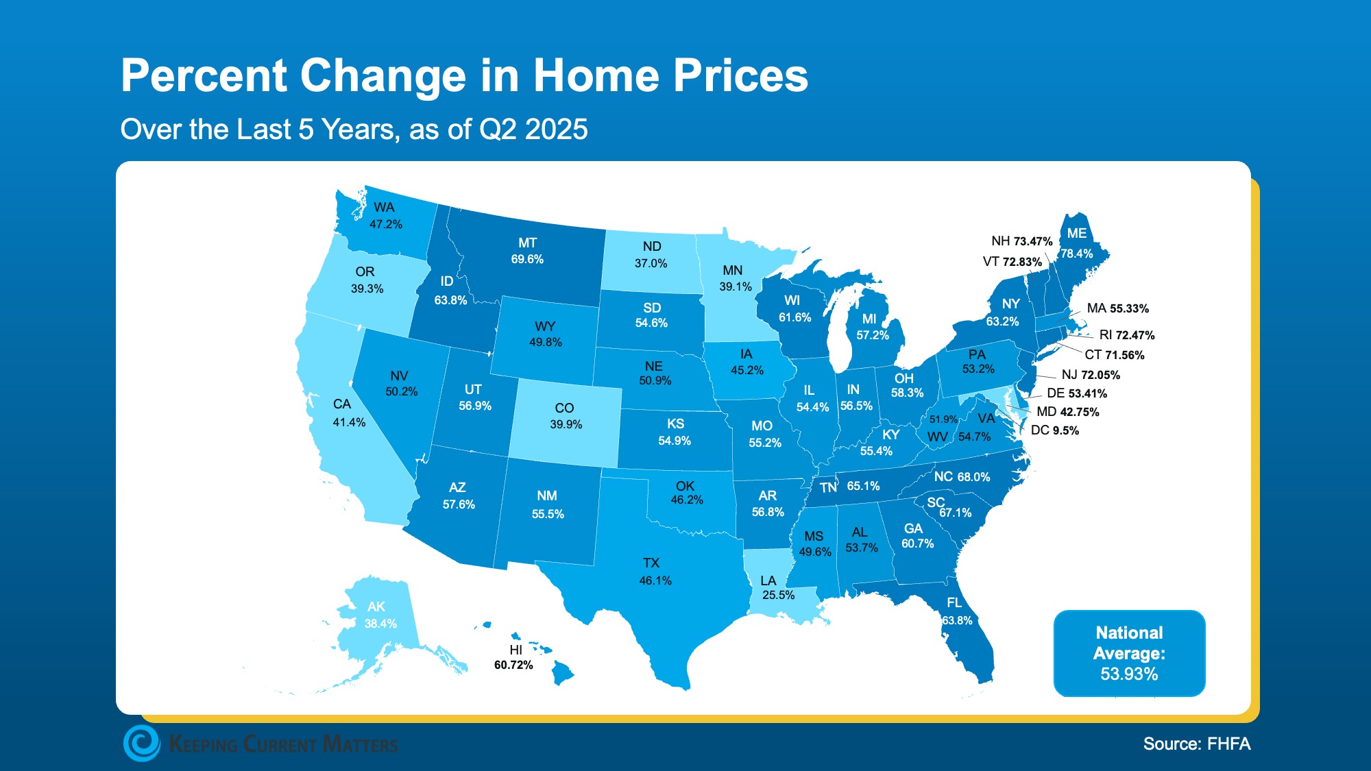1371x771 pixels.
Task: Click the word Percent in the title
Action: [204, 75]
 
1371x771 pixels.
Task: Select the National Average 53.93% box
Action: [1129, 653]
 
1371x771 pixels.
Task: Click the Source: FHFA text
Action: [1196, 744]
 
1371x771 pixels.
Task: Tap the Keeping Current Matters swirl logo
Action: [142, 744]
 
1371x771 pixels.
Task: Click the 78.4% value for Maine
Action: [1076, 254]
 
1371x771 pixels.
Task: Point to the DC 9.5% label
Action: [1054, 430]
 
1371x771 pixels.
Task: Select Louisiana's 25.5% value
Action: [778, 595]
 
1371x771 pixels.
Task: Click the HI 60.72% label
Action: [513, 657]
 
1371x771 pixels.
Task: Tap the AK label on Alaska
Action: [376, 607]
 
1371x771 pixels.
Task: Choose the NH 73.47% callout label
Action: [1021, 241]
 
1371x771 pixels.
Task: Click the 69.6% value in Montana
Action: [527, 259]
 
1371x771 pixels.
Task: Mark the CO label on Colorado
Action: [564, 408]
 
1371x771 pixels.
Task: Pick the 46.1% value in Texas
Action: [655, 580]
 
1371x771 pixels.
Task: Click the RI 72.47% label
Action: [1126, 335]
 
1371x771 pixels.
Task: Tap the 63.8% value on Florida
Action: [957, 620]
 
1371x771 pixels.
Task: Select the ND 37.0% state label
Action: [651, 254]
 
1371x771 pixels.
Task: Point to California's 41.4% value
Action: [349, 422]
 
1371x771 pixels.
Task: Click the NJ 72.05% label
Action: [1090, 375]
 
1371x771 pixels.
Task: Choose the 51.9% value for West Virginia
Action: [943, 419]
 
